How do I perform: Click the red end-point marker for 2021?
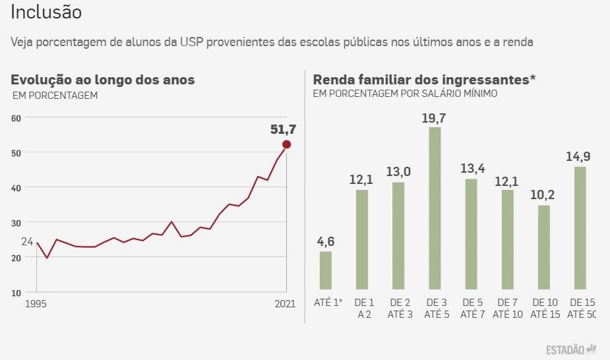pos(286,144)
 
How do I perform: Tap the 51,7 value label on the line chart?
pos(283,130)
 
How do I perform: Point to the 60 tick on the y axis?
pos(16,118)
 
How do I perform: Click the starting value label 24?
pos(26,241)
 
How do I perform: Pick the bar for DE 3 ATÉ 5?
pos(435,208)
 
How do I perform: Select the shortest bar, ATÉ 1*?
pos(326,270)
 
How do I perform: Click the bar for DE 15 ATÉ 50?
pos(580,227)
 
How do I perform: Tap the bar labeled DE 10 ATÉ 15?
pos(543,247)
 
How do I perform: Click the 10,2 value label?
pos(543,196)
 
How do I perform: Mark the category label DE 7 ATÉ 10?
pos(507,308)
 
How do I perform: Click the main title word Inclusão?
pos(47,13)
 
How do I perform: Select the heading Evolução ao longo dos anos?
pos(102,80)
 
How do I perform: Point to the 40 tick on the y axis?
pos(16,187)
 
